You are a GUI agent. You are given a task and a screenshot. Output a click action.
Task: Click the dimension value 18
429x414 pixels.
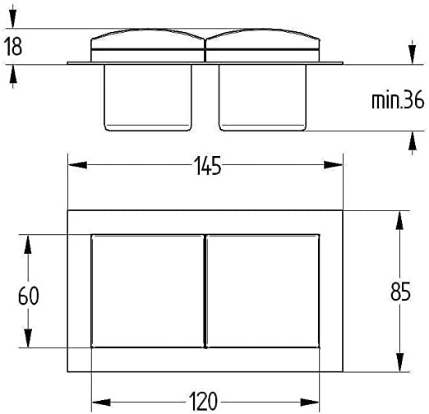click(x=13, y=47)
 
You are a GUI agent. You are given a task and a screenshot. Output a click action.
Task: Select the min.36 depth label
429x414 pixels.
click(x=398, y=100)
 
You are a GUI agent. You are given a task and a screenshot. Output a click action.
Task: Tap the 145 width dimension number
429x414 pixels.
click(x=207, y=166)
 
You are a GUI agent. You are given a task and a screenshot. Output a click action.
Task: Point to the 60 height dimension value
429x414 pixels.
click(x=29, y=296)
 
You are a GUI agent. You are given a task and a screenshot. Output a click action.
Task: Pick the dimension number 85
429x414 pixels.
click(x=400, y=292)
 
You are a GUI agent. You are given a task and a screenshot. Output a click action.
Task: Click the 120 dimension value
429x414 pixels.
click(x=203, y=402)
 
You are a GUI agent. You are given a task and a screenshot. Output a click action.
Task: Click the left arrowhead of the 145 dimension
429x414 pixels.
click(x=77, y=165)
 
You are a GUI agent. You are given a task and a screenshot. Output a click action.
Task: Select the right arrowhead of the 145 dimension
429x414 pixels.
click(x=333, y=165)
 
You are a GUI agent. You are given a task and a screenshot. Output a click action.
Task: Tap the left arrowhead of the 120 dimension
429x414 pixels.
click(x=101, y=402)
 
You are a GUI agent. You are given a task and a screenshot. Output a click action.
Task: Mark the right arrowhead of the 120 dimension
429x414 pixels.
click(x=310, y=402)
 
